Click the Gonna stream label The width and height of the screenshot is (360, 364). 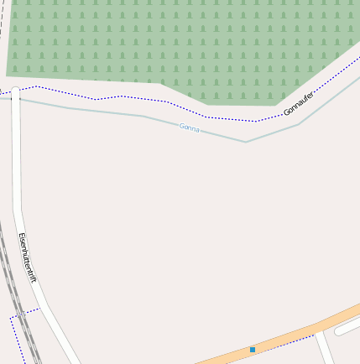pyautogui.click(x=190, y=127)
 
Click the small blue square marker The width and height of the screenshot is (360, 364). pyautogui.click(x=252, y=349)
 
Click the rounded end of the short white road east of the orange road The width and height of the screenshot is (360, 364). pyautogui.click(x=340, y=331)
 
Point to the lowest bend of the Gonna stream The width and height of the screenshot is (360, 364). pyautogui.click(x=246, y=142)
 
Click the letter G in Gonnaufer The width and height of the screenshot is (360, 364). pyautogui.click(x=286, y=112)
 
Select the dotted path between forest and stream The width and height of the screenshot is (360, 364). pyautogui.click(x=126, y=97)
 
